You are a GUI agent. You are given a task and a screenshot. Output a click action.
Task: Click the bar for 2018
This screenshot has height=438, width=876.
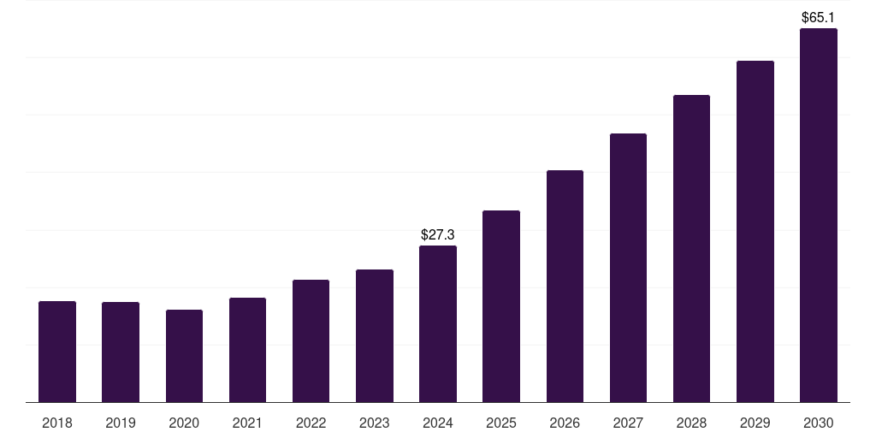pyautogui.click(x=57, y=352)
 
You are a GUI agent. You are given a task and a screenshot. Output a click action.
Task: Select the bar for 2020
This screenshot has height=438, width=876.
pyautogui.click(x=184, y=356)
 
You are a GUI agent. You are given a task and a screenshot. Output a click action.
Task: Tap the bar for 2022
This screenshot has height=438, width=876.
pyautogui.click(x=311, y=341)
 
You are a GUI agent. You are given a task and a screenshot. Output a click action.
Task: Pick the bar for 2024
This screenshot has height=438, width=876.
pyautogui.click(x=438, y=324)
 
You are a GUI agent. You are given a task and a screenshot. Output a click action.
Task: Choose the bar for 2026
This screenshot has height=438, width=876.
pyautogui.click(x=565, y=287)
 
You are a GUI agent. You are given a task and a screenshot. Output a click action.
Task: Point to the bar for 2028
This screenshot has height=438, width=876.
pyautogui.click(x=691, y=249)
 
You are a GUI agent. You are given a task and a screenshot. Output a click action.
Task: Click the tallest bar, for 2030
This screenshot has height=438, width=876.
pyautogui.click(x=818, y=216)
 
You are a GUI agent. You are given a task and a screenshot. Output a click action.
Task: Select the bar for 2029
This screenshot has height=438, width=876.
pyautogui.click(x=755, y=232)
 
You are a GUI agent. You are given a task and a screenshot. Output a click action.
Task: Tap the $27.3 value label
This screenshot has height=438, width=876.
pyautogui.click(x=438, y=234)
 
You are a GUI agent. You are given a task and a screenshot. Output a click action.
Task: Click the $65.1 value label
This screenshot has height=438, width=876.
pyautogui.click(x=818, y=17)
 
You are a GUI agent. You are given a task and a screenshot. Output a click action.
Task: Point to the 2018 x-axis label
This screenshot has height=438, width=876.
pyautogui.click(x=57, y=423)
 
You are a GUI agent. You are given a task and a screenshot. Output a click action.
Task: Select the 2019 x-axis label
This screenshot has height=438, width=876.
pyautogui.click(x=121, y=423)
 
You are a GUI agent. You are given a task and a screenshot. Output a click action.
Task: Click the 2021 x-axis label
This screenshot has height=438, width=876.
pyautogui.click(x=247, y=423)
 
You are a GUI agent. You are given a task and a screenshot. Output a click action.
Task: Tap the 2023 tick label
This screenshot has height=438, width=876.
pyautogui.click(x=374, y=423)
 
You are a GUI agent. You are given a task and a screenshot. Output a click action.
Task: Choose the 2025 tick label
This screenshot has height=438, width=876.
pyautogui.click(x=501, y=423)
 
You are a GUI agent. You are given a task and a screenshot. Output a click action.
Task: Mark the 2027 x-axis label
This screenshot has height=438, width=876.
pyautogui.click(x=628, y=423)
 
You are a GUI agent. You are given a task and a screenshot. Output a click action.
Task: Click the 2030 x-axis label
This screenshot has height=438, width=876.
pyautogui.click(x=818, y=423)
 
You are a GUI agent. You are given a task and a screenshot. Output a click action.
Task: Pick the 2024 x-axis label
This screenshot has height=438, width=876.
pyautogui.click(x=438, y=423)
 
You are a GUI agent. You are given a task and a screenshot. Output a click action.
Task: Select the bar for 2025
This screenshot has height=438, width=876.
pyautogui.click(x=501, y=306)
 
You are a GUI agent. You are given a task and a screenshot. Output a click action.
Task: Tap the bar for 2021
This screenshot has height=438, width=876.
pyautogui.click(x=247, y=350)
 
